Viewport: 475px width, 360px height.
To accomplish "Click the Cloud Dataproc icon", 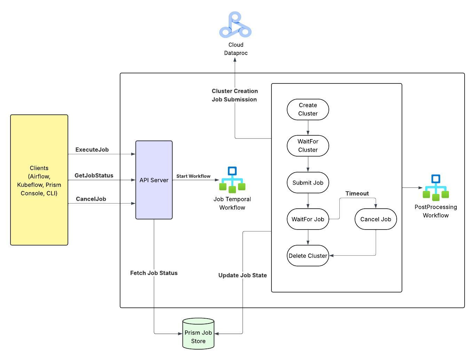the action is click(235, 24).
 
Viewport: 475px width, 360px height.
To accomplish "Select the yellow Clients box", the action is click(39, 180).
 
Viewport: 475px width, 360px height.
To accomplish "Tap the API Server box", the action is click(154, 180).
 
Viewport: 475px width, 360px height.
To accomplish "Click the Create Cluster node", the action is click(308, 110).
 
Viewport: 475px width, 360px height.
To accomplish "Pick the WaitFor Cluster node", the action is click(308, 145).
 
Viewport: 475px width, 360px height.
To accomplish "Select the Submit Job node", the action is click(308, 182).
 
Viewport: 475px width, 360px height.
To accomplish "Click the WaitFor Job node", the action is click(308, 219).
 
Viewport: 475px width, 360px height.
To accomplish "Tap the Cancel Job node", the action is click(375, 219).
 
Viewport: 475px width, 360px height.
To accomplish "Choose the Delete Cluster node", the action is click(308, 255).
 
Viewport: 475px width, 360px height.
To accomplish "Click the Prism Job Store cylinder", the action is click(198, 334).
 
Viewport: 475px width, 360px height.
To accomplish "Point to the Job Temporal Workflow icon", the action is click(232, 179).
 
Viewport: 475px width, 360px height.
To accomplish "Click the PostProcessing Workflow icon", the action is click(435, 187).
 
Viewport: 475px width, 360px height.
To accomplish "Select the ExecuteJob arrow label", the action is click(92, 150).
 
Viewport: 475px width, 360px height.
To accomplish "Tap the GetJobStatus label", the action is click(94, 175).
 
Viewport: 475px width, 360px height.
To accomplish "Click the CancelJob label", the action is click(91, 199).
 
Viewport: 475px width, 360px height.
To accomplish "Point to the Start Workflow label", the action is click(193, 176).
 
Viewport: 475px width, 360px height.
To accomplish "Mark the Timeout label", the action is click(357, 193).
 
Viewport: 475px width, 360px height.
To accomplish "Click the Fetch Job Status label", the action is click(154, 273).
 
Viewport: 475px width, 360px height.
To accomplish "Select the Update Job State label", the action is click(242, 275).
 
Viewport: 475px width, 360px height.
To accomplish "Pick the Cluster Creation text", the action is click(235, 91).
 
